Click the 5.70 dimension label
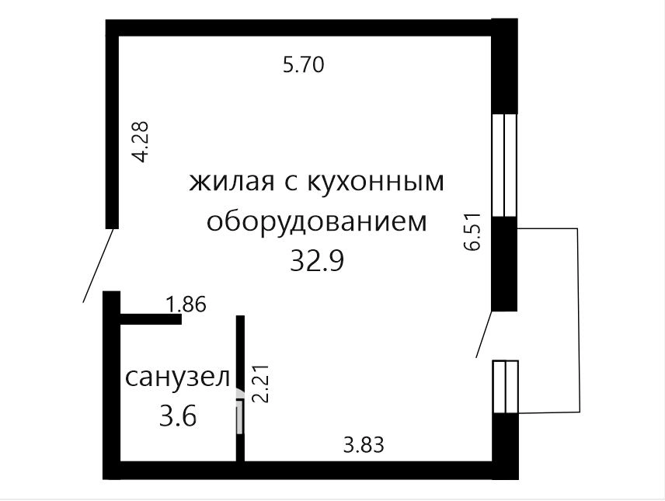(303, 65)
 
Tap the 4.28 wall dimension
(141, 142)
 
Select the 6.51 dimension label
(472, 231)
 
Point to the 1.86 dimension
(186, 304)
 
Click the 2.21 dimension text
(260, 384)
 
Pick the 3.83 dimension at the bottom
(364, 445)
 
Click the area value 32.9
(317, 260)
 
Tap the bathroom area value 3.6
(178, 416)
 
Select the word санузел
(178, 377)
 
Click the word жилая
(232, 183)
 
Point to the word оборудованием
(316, 221)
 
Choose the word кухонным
(374, 182)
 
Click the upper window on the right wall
(504, 165)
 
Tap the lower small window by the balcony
(506, 387)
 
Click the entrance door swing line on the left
(98, 265)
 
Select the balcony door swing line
(484, 334)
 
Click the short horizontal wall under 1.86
(151, 319)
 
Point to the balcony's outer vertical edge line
(578, 320)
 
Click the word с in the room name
(289, 183)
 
